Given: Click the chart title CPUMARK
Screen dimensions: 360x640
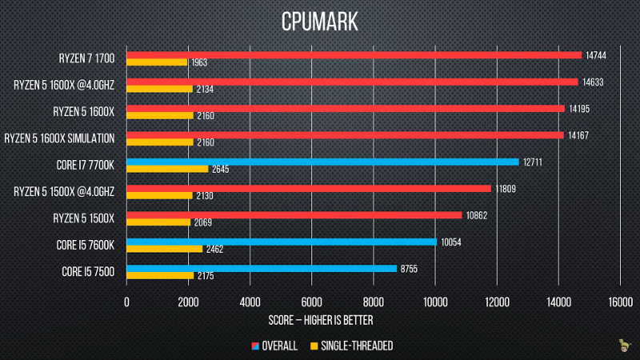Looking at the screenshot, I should pyautogui.click(x=319, y=22).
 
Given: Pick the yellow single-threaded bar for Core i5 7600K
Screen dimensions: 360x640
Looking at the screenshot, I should pyautogui.click(x=165, y=249).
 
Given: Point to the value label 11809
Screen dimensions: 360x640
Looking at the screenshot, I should pyautogui.click(x=506, y=189).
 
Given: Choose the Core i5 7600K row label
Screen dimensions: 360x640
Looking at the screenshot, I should pyautogui.click(x=86, y=245).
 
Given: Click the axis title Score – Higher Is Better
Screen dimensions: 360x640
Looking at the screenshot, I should pyautogui.click(x=321, y=320).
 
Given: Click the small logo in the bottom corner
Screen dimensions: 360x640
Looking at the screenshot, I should pyautogui.click(x=623, y=346).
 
